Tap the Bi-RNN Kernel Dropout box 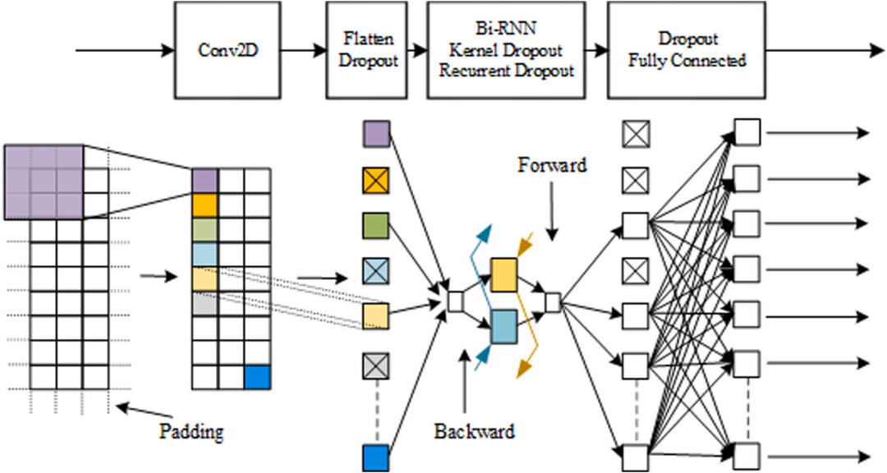tap(506, 49)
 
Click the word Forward tap(552, 165)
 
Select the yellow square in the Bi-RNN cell tap(503, 273)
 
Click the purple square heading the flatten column tap(376, 135)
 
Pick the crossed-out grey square tap(376, 363)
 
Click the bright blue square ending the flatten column tap(376, 457)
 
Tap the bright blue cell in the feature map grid tap(257, 377)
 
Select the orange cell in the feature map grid tap(205, 204)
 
